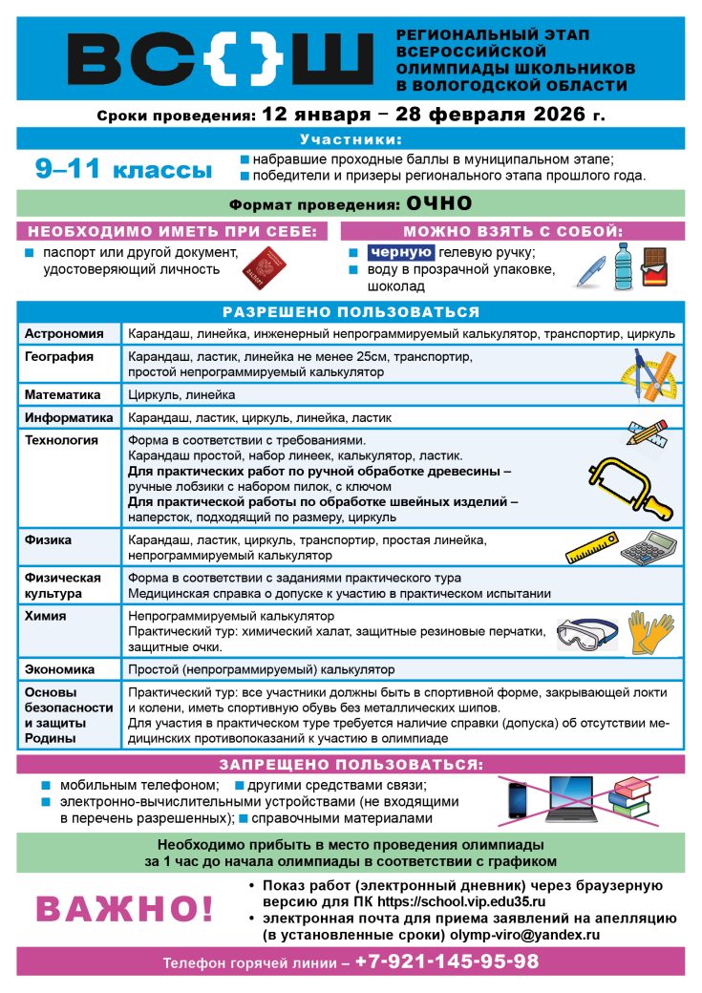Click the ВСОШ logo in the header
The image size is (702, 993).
point(220,59)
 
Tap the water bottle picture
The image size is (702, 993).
point(624,264)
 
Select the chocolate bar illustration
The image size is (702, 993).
point(654,266)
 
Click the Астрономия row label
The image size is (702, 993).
point(64,333)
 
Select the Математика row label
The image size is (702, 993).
point(63,394)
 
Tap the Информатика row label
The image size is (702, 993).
point(69,417)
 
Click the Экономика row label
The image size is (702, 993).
point(59,669)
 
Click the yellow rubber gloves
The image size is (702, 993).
point(650,633)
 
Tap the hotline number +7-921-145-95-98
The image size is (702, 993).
point(447,961)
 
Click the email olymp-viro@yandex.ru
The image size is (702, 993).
point(539,935)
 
